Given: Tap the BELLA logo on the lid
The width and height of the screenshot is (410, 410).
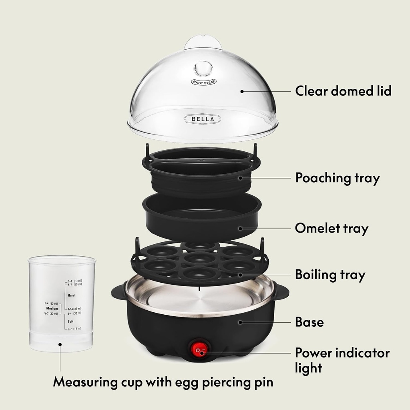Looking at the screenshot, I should click(202, 119).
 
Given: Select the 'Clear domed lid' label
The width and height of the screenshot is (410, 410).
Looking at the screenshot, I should click(343, 91).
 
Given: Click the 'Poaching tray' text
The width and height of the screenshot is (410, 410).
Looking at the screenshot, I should click(337, 177).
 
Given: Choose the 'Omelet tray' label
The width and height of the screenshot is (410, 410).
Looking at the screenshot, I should click(332, 228).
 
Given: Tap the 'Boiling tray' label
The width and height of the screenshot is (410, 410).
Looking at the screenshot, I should click(330, 275).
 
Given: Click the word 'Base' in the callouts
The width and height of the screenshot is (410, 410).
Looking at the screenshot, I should click(309, 322).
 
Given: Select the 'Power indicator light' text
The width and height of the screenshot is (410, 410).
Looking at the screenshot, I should click(342, 360).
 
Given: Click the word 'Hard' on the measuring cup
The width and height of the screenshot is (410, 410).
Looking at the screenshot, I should click(71, 295).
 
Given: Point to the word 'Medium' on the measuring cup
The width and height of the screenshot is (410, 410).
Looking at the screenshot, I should click(52, 309).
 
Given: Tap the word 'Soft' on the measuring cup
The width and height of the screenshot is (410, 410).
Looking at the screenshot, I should click(70, 322).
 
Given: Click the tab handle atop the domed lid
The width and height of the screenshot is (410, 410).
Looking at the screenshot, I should click(203, 42).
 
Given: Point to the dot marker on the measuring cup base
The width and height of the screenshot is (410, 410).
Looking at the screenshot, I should click(60, 344).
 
